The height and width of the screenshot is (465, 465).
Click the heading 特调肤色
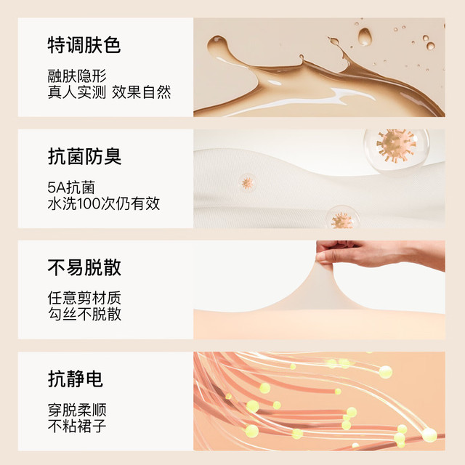tap(84, 45)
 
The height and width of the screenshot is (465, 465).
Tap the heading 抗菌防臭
tap(84, 156)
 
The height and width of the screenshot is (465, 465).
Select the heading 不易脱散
tap(84, 267)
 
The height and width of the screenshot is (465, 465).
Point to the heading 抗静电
tap(76, 379)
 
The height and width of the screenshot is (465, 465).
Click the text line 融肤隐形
tap(77, 76)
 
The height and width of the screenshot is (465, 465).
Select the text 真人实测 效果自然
tap(109, 92)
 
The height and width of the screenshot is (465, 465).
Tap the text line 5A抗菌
tap(71, 187)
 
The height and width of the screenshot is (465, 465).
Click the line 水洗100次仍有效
tap(103, 203)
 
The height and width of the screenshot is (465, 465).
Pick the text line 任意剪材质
tap(84, 298)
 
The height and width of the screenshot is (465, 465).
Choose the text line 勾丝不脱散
tap(84, 314)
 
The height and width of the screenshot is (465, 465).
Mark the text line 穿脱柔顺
tap(77, 410)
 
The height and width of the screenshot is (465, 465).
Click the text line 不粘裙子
tap(77, 426)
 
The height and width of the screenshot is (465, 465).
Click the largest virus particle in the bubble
tap(396, 145)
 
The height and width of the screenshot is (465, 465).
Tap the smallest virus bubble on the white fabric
tap(247, 183)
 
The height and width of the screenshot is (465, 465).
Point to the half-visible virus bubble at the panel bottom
tap(342, 217)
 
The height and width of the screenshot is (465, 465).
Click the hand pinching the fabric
tap(379, 254)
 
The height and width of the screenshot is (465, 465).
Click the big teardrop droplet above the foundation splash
tap(365, 37)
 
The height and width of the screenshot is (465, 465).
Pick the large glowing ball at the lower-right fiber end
tap(429, 435)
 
